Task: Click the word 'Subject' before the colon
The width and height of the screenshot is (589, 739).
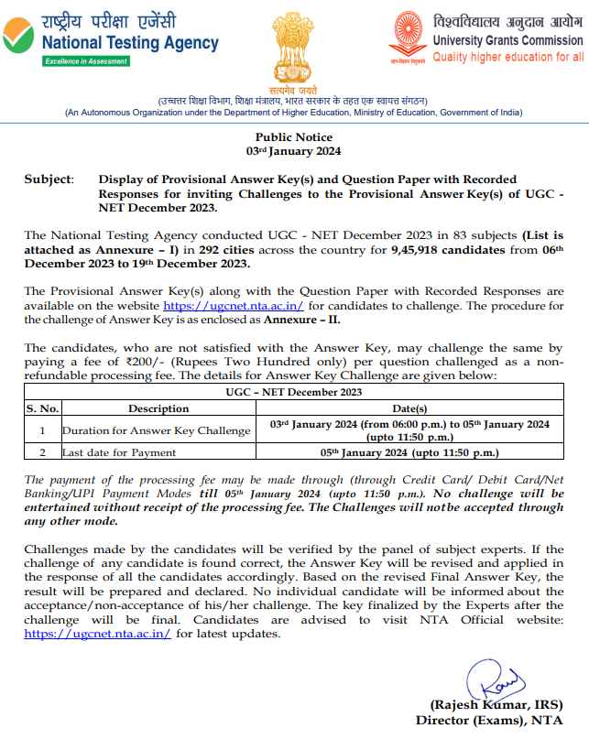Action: pyautogui.click(x=48, y=179)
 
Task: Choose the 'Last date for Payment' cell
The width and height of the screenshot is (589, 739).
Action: pyautogui.click(x=120, y=451)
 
